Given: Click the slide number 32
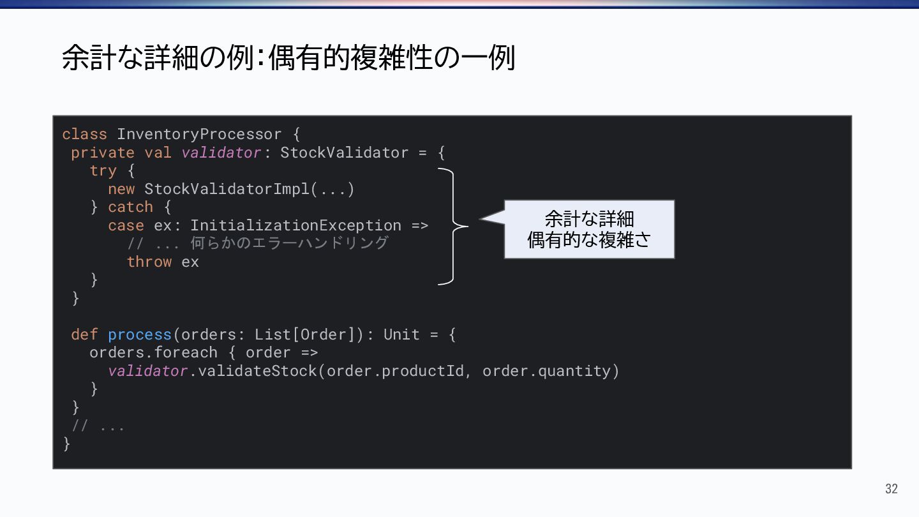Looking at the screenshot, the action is pyautogui.click(x=891, y=489).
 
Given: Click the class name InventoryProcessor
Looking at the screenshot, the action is pyautogui.click(x=199, y=135).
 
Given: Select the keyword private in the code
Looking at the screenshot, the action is pyautogui.click(x=103, y=153).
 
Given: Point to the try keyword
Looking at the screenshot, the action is pyautogui.click(x=103, y=171).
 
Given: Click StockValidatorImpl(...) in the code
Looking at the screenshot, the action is pyautogui.click(x=249, y=190).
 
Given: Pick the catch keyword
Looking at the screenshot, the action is pyautogui.click(x=131, y=207).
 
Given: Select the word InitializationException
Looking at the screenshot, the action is pyautogui.click(x=295, y=225).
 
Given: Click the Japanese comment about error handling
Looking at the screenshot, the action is pyautogui.click(x=257, y=244).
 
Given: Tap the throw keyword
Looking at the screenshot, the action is pyautogui.click(x=149, y=262).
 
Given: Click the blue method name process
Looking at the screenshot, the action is pyautogui.click(x=140, y=334).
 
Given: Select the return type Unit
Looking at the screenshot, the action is pyautogui.click(x=401, y=334).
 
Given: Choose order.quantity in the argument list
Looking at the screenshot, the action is pyautogui.click(x=551, y=371).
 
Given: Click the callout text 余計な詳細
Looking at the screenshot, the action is pyautogui.click(x=588, y=220).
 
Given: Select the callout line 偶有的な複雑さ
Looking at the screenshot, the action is pyautogui.click(x=588, y=240).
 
